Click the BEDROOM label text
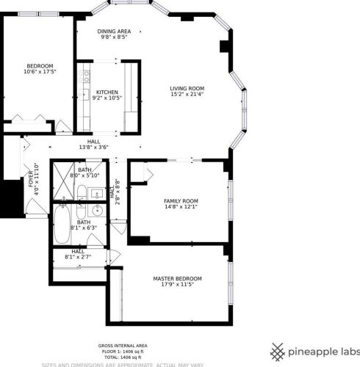tap(40, 65)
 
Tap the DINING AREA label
tap(114, 31)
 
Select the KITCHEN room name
tap(107, 92)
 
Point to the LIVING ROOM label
tap(187, 88)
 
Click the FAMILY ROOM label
tap(181, 200)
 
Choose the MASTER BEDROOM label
tap(177, 278)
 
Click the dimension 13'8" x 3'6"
tap(93, 148)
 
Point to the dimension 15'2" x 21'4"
tap(187, 94)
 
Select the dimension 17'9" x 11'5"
tap(177, 284)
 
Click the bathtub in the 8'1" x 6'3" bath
tap(62, 225)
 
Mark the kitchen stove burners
tap(86, 75)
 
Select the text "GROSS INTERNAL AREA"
tap(123, 345)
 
